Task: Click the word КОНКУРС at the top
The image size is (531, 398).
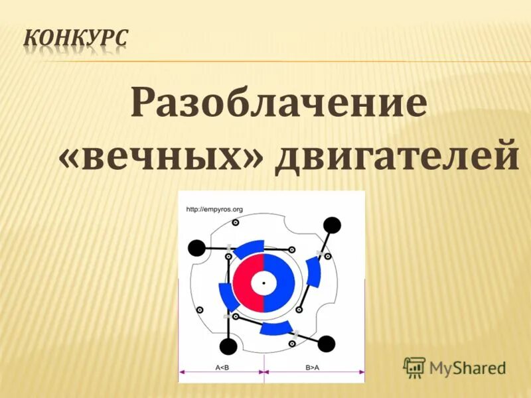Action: (76, 40)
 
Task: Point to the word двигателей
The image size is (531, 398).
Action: (396, 156)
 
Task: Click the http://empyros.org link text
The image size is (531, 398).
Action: (215, 210)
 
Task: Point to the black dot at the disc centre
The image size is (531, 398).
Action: (265, 283)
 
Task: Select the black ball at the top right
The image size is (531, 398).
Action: (333, 225)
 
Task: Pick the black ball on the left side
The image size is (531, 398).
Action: (196, 248)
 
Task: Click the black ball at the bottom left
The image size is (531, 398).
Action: (228, 346)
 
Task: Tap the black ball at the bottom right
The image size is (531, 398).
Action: (327, 344)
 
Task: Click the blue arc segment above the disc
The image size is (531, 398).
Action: (249, 248)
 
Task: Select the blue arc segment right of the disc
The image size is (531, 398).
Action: (313, 273)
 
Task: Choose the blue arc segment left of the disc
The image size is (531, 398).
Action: (228, 297)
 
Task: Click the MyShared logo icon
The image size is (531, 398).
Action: (415, 367)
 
